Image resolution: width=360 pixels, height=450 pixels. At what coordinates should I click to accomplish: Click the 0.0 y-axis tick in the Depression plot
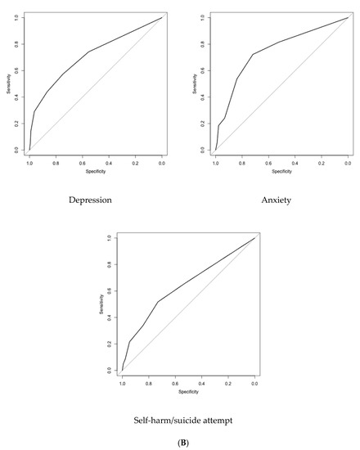point(17,150)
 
